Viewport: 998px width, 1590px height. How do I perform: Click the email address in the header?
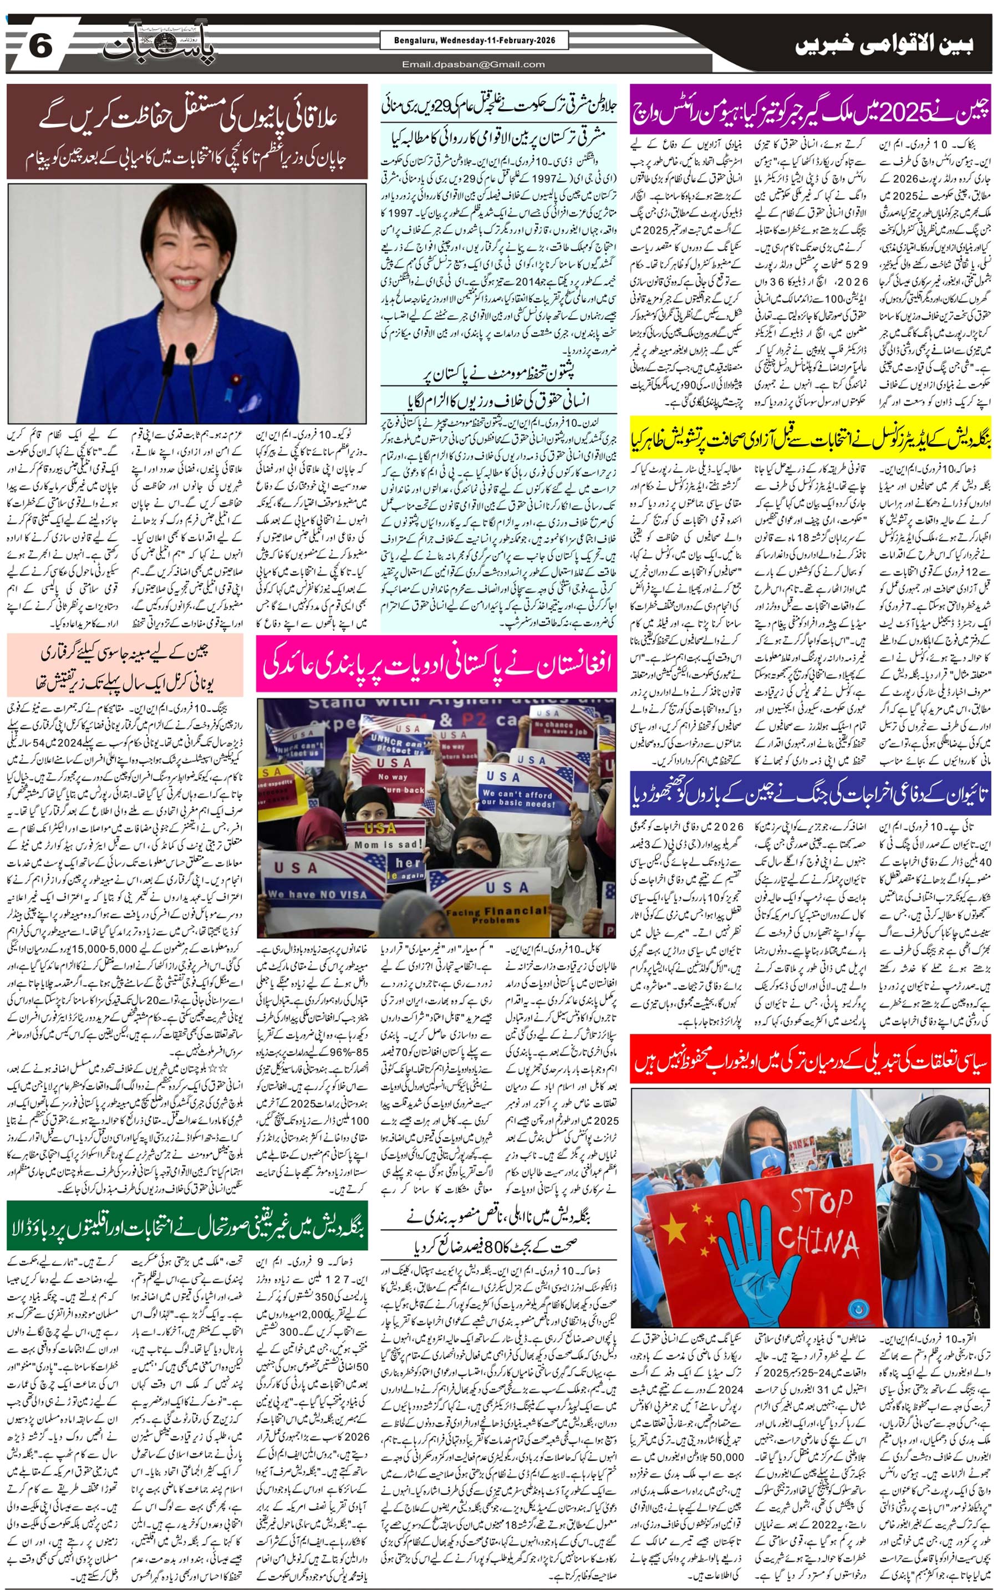pyautogui.click(x=474, y=64)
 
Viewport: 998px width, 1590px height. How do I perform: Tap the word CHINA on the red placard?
pyautogui.click(x=818, y=1243)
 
